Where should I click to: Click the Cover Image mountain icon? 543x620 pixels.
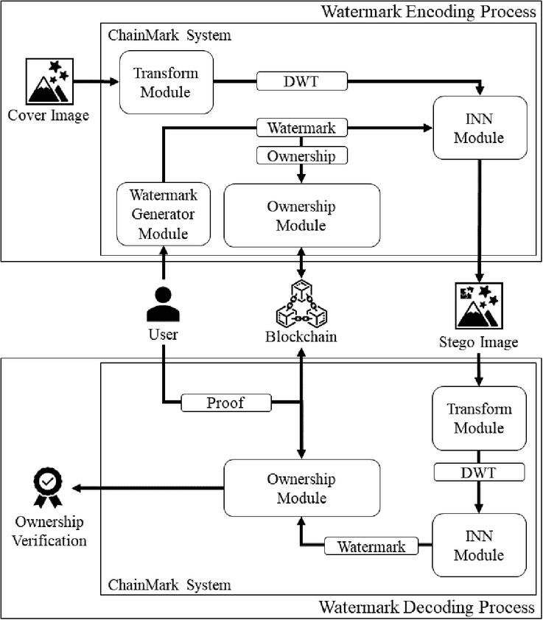coord(49,81)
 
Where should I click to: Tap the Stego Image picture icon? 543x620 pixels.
coord(479,306)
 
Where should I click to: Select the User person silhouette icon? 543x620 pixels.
coord(164,304)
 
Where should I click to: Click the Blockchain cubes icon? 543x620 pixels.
coord(301,303)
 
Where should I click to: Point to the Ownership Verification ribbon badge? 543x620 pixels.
coord(48,487)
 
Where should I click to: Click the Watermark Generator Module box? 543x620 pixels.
coord(164,214)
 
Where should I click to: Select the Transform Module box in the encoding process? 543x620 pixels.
coord(167,83)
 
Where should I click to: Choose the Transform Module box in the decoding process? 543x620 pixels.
coord(480,418)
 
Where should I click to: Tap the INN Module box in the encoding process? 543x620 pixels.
coord(480,128)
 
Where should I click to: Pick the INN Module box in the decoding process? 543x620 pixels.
coord(480,546)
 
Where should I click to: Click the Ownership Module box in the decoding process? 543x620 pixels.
coord(302,488)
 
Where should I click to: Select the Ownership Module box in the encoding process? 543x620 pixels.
coord(302,215)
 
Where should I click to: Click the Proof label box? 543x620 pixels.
coord(226,403)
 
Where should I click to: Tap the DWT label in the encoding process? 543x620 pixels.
coord(302,81)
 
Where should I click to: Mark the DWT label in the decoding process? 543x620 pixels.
coord(480,472)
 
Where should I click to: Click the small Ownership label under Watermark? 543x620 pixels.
coord(302,156)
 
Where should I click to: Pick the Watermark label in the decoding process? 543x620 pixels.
coord(371,546)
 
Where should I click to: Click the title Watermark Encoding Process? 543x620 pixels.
coord(428,12)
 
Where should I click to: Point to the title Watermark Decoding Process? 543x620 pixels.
coord(427,607)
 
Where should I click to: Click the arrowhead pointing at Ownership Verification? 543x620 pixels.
coord(77,488)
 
